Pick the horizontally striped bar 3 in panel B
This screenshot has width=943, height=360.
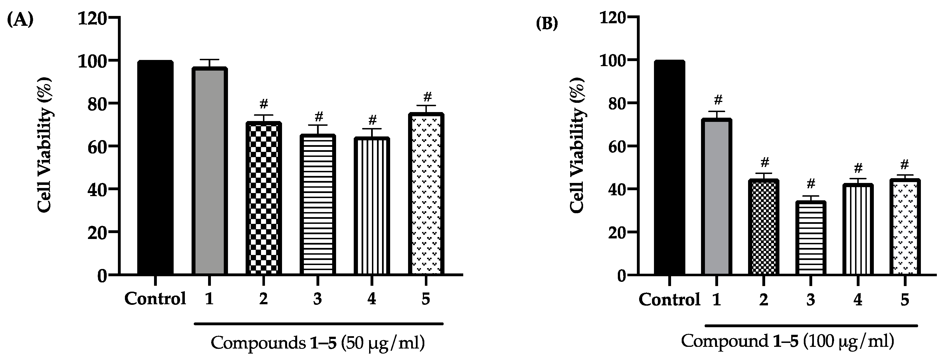pos(811,238)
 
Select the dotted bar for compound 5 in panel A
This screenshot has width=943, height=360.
pos(426,194)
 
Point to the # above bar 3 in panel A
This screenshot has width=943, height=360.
pos(318,117)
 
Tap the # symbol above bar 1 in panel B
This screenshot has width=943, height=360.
pos(718,100)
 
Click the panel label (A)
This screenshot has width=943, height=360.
pos(20,20)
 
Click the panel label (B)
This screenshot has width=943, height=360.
pos(547,24)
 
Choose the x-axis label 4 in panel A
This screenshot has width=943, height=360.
pos(371,299)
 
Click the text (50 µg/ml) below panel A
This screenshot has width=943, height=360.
pos(383,343)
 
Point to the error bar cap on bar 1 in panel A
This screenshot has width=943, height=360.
pos(209,60)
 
